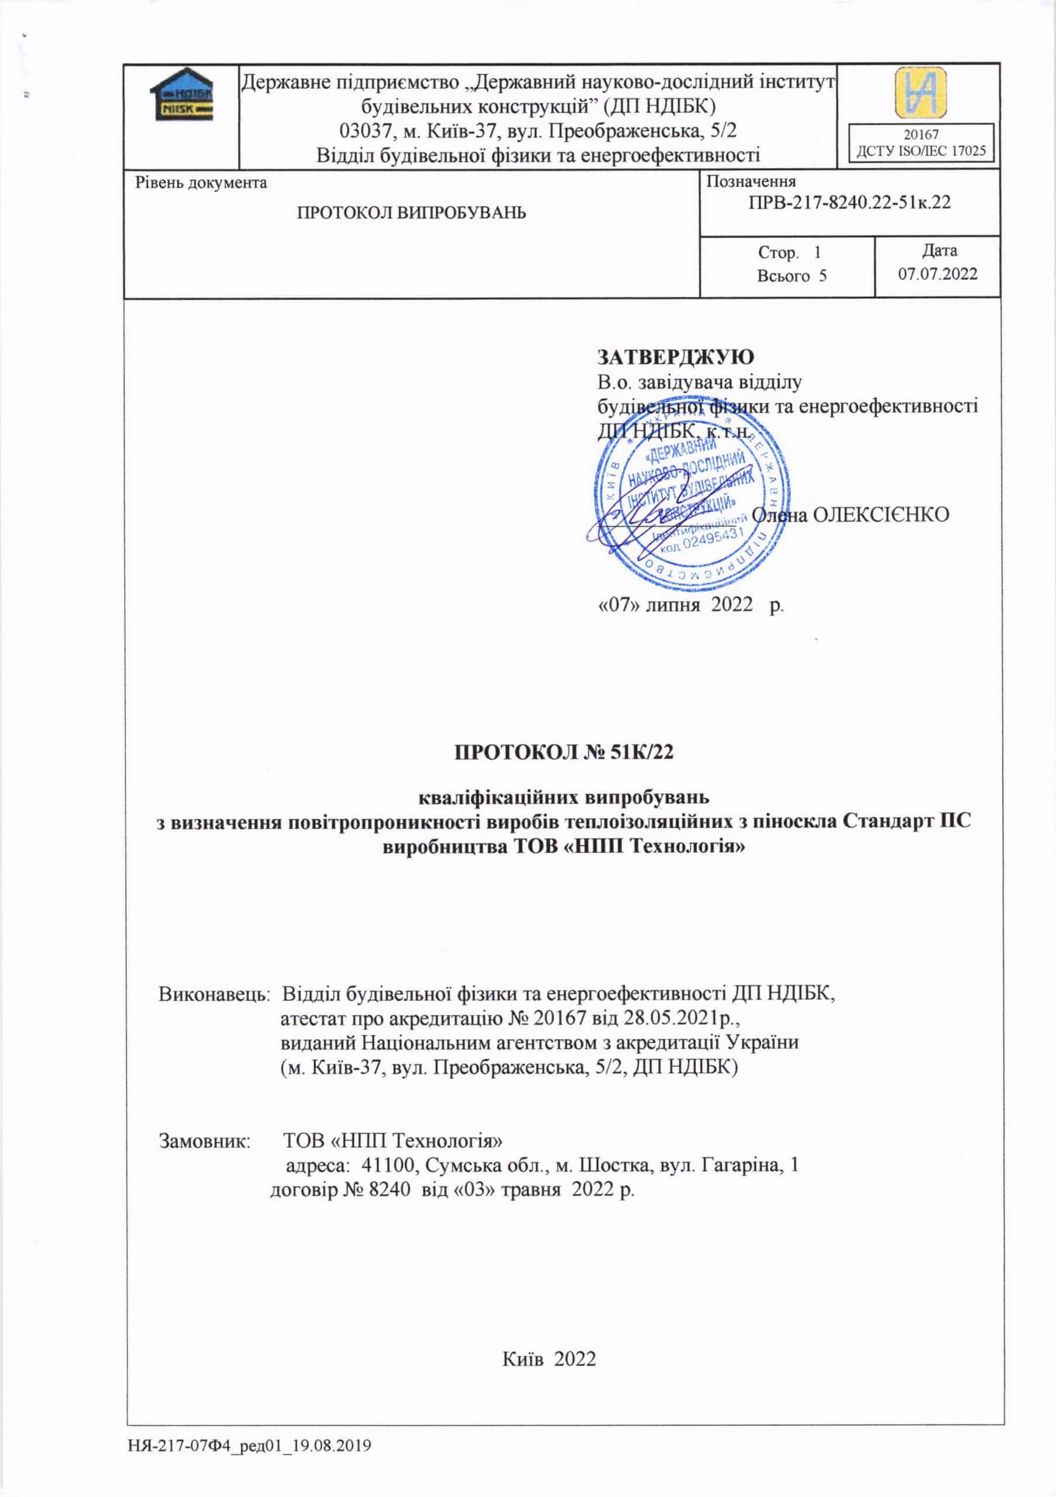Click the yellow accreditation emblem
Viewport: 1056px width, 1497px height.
(x=920, y=92)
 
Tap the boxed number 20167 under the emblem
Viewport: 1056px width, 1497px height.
(x=921, y=134)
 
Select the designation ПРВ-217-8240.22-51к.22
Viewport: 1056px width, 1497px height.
(x=849, y=202)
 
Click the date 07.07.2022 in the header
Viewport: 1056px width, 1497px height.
(x=938, y=273)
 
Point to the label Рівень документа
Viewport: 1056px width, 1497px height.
(x=201, y=182)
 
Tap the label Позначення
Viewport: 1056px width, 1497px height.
(x=751, y=182)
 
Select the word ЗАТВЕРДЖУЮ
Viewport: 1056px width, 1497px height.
(x=676, y=357)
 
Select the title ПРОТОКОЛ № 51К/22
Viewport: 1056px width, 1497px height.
(x=563, y=753)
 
